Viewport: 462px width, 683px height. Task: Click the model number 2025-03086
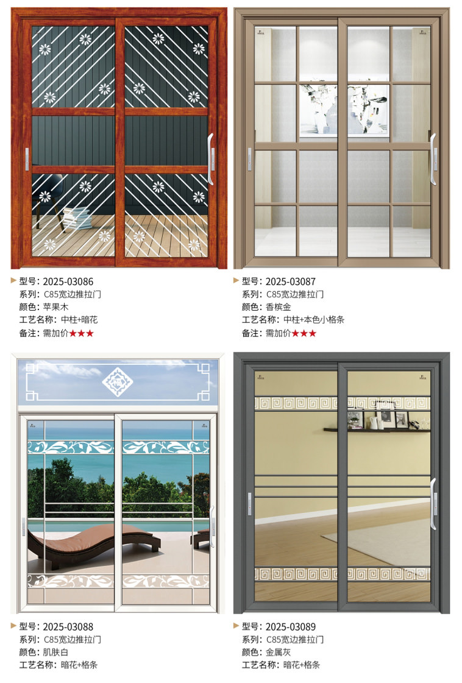pyautogui.click(x=68, y=281)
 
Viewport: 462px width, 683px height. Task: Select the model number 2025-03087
pyautogui.click(x=291, y=281)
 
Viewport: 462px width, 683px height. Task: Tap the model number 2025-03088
pyautogui.click(x=68, y=627)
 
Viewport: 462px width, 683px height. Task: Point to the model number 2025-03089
pyautogui.click(x=291, y=627)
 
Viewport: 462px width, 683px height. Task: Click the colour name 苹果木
pyautogui.click(x=55, y=307)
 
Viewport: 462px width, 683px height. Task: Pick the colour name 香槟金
pyautogui.click(x=279, y=307)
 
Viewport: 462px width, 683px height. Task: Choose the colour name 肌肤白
pyautogui.click(x=55, y=652)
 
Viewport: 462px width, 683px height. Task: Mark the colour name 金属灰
pyautogui.click(x=279, y=652)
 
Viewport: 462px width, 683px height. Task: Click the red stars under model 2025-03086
pyautogui.click(x=81, y=333)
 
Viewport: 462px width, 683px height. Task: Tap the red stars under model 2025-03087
pyautogui.click(x=304, y=333)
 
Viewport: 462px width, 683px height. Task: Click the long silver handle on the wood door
pyautogui.click(x=210, y=159)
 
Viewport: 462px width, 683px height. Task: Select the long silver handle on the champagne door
pyautogui.click(x=433, y=159)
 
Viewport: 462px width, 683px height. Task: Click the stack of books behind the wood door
pyautogui.click(x=77, y=218)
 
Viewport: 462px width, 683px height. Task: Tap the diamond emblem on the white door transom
pyautogui.click(x=117, y=382)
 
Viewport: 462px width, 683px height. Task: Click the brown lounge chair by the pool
pyautogui.click(x=94, y=544)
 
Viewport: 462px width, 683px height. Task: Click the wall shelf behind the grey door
pyautogui.click(x=377, y=430)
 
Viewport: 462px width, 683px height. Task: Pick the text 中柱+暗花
pyautogui.click(x=79, y=320)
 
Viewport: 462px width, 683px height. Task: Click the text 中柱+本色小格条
pyautogui.click(x=314, y=320)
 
